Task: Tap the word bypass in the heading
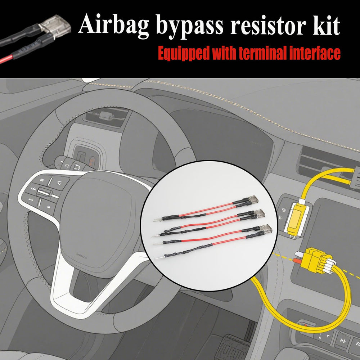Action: click(x=189, y=26)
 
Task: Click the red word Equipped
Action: click(x=184, y=54)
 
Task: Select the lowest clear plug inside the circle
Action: click(x=266, y=229)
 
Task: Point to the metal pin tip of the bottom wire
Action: click(x=157, y=258)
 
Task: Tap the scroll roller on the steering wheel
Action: click(x=44, y=192)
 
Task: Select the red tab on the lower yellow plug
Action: click(x=297, y=261)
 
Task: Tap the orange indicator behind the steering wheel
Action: click(x=92, y=161)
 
